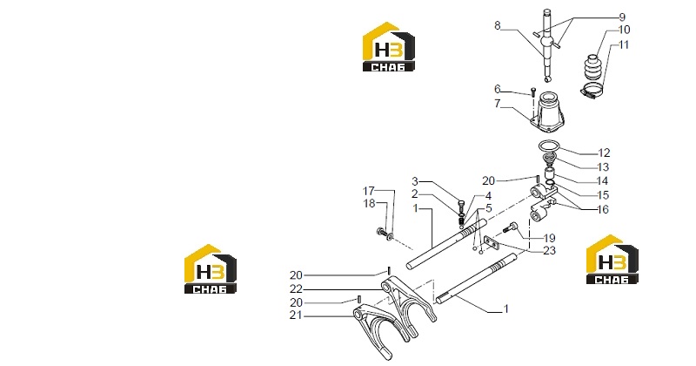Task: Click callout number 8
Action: coord(497,26)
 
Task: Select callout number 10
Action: coord(624,30)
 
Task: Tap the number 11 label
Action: coord(624,45)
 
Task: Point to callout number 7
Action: coord(497,104)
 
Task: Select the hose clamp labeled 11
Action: coord(592,90)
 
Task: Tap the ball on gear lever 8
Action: coord(546,42)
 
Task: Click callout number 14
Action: coord(602,181)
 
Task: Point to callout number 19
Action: coord(550,238)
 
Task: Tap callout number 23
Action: coord(550,250)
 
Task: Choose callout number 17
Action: coord(368,191)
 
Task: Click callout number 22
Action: coord(296,289)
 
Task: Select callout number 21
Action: coord(296,315)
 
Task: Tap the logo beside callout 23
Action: coord(612,260)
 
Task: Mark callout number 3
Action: coord(415,181)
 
